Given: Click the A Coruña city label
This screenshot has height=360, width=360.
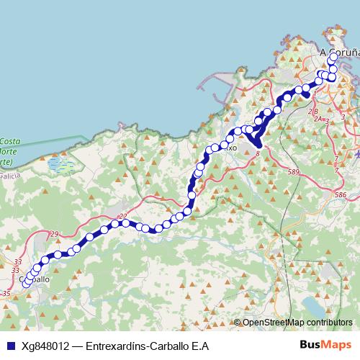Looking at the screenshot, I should point(339,53).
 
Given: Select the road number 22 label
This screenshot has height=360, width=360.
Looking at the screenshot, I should point(122,216).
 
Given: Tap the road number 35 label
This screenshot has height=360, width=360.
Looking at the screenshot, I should point(6,294).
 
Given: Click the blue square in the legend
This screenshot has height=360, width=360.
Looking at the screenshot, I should point(9,345).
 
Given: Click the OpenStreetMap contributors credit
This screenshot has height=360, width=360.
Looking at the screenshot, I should point(297,323).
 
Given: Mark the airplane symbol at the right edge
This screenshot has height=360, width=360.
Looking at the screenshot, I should point(357,153).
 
